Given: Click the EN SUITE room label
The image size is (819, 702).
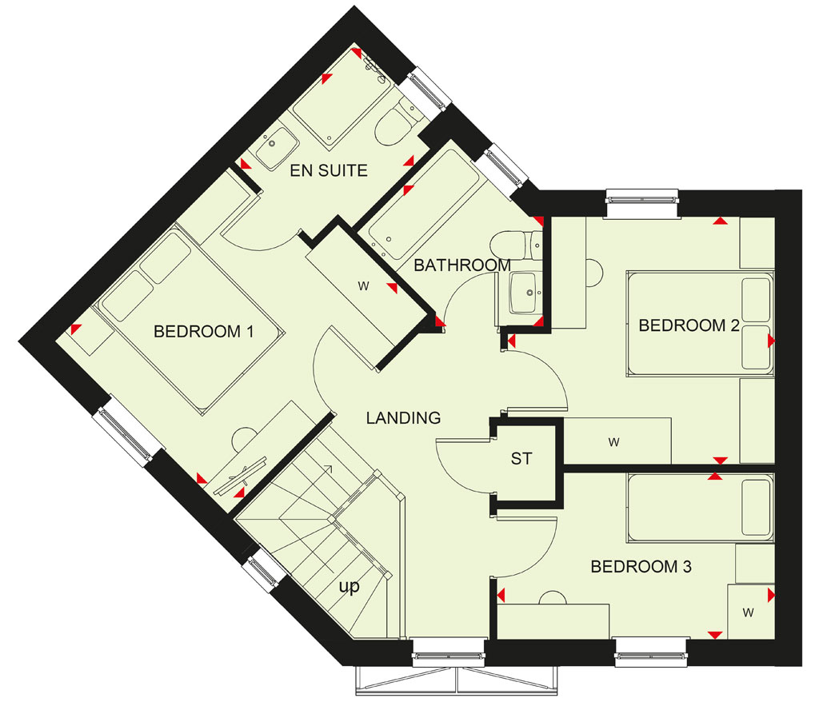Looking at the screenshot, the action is [329, 170].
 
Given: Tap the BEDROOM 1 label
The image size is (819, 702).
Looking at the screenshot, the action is [204, 331].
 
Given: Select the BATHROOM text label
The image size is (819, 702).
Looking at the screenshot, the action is [462, 265].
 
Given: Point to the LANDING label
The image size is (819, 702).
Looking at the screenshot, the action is [403, 418].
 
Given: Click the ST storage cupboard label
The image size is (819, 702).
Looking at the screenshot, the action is [521, 459].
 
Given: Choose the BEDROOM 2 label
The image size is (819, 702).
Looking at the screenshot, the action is [689, 325].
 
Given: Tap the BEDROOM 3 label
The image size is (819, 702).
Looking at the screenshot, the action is [641, 566].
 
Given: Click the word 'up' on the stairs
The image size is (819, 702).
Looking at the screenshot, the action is [350, 587].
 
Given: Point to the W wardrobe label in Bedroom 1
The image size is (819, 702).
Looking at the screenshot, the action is [364, 285].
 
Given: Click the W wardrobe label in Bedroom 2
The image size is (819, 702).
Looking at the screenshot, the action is [613, 442].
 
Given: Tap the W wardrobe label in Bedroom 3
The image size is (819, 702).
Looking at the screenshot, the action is [749, 612].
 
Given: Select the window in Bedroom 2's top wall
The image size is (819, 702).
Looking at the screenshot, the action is [642, 199].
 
